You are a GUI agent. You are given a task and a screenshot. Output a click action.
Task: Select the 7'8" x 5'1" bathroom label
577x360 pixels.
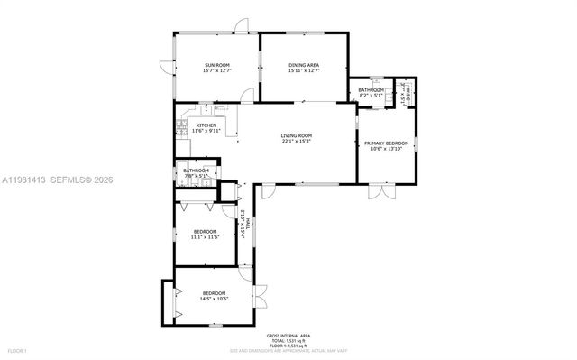[x=196, y=172]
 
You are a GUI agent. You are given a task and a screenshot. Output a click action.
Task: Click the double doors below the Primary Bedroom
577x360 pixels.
[x=381, y=193]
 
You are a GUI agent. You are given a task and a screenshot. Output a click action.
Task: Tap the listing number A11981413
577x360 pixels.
[x=24, y=180]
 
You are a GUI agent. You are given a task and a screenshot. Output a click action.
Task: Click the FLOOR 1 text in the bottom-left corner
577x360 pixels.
[x=17, y=350]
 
